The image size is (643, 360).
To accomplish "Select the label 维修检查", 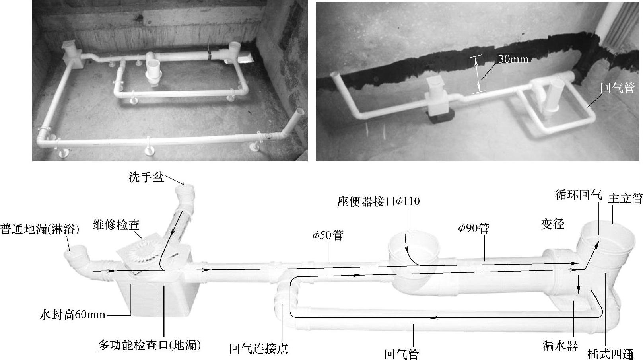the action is click(116, 225).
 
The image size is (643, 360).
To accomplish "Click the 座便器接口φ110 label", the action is click(378, 202).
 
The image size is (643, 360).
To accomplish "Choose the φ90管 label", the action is click(474, 229).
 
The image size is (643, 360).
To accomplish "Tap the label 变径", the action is click(553, 224).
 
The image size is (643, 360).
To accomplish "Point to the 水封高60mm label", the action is click(72, 315).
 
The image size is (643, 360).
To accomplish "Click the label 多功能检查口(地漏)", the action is click(149, 345).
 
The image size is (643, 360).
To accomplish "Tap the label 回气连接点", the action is click(258, 349).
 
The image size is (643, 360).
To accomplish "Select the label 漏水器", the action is click(560, 346).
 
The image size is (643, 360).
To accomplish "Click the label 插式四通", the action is click(610, 354).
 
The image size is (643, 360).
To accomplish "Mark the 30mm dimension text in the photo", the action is click(513, 59).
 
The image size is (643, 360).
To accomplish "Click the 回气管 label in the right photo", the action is click(617, 88).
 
